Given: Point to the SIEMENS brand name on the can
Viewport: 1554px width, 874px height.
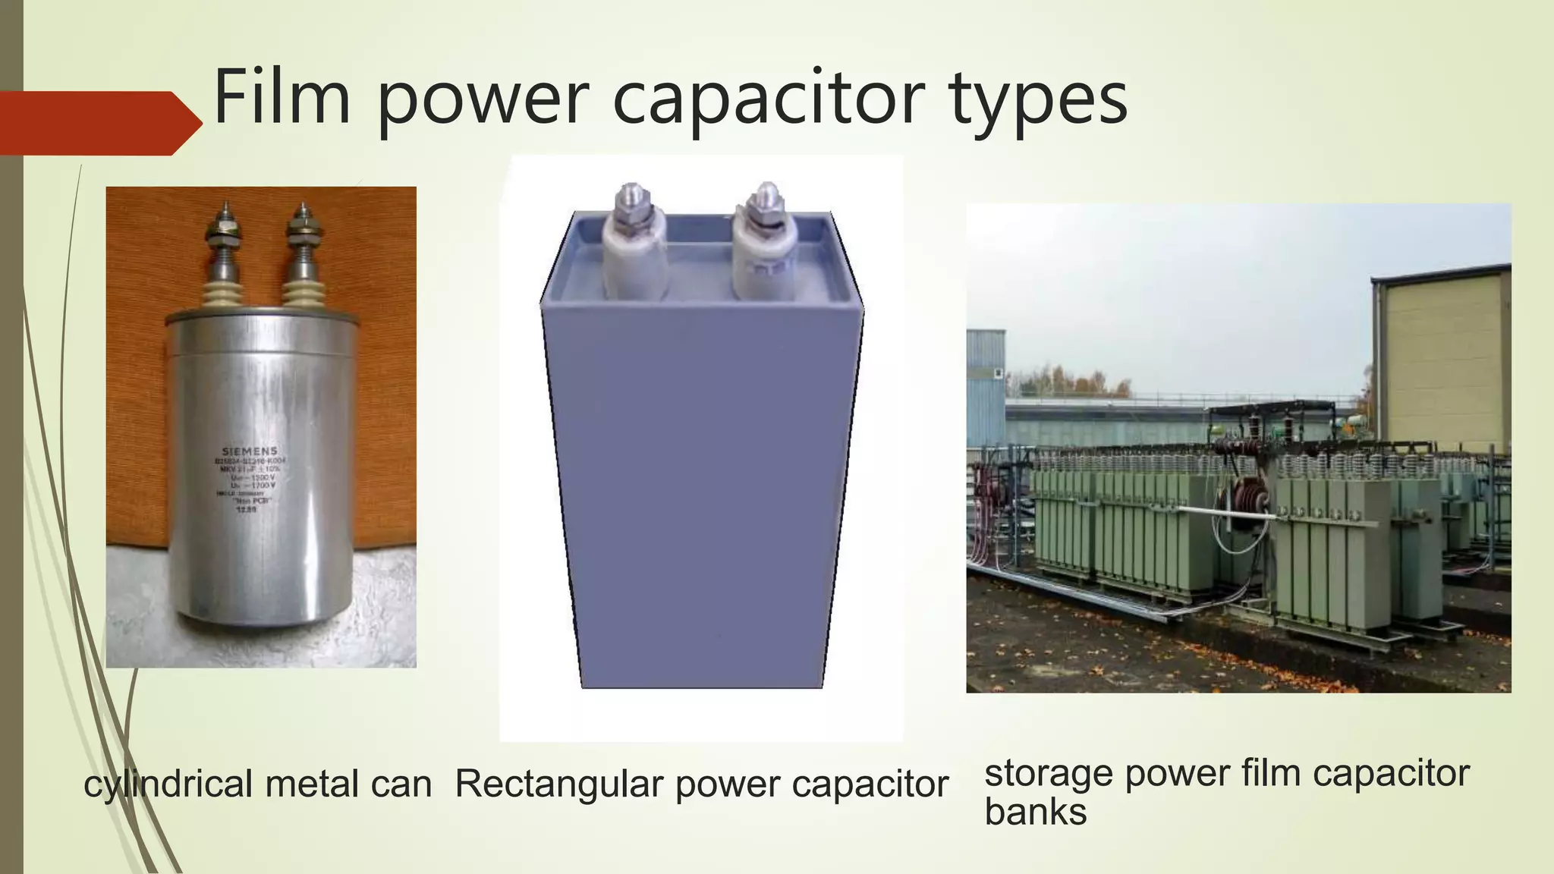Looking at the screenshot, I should [250, 451].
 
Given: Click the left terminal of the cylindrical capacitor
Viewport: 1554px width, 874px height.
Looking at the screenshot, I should [225, 250].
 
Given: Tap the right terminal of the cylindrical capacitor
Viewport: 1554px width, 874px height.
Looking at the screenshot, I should [301, 250].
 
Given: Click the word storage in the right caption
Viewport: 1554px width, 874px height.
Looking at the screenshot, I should [1049, 775].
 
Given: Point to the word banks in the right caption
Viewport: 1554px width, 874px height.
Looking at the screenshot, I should [1035, 812].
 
